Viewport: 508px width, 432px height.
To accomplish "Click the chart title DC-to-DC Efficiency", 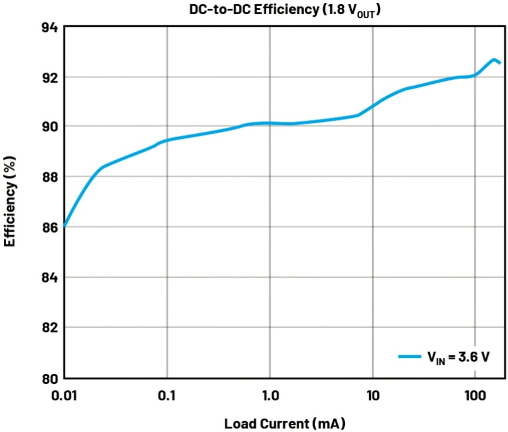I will tap(285, 10).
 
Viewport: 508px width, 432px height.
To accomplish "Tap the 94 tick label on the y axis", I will tap(50, 27).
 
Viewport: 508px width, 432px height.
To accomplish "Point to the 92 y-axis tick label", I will tap(50, 77).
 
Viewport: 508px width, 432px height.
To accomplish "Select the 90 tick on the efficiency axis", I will tap(50, 127).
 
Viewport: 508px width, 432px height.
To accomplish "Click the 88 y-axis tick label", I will tap(50, 177).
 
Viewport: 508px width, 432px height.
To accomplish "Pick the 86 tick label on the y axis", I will tap(50, 227).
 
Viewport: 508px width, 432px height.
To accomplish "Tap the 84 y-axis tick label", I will tap(50, 278).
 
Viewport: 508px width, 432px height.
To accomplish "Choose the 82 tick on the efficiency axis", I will tap(50, 328).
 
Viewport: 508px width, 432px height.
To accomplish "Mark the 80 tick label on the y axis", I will tap(50, 378).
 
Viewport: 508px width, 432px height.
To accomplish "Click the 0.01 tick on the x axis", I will tap(64, 396).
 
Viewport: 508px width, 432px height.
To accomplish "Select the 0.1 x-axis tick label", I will tap(167, 396).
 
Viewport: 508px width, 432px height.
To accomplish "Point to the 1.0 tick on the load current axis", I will tap(270, 396).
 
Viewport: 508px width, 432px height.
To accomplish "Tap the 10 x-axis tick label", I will tap(373, 396).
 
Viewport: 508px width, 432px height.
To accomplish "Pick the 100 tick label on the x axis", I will tap(475, 396).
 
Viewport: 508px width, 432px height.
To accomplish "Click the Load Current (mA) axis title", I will tap(285, 423).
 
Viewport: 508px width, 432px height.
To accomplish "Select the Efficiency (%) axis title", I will tap(10, 201).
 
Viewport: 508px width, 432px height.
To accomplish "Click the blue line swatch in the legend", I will tap(410, 357).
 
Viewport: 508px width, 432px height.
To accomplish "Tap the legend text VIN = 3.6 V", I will tap(458, 357).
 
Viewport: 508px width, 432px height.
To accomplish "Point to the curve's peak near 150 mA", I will tap(494, 60).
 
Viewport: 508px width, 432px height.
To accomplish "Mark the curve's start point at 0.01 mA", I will tap(65, 226).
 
